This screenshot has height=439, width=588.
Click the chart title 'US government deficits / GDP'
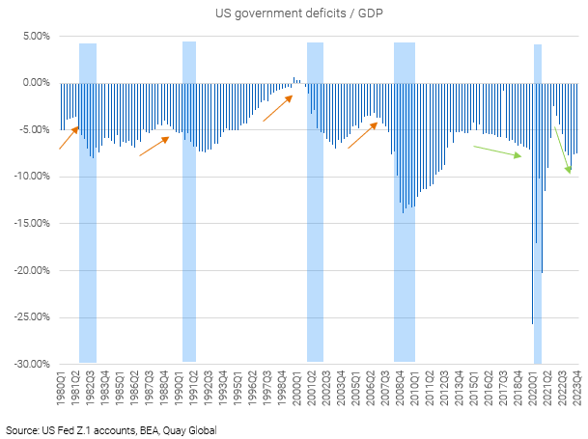coord(294,14)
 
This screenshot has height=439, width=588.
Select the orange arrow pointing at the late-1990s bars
coord(277,106)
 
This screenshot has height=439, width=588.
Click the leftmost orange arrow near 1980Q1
coord(69,137)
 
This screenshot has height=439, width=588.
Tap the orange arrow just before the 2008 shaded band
coord(362,136)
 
